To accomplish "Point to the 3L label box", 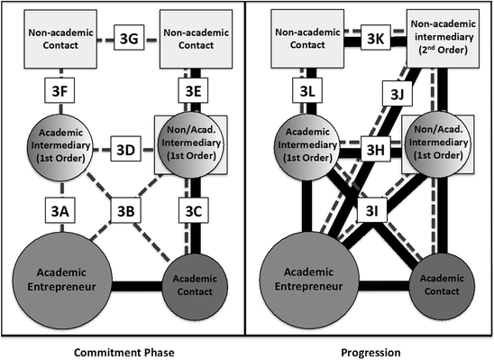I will (x=307, y=90).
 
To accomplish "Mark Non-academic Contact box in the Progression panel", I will (x=307, y=37).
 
